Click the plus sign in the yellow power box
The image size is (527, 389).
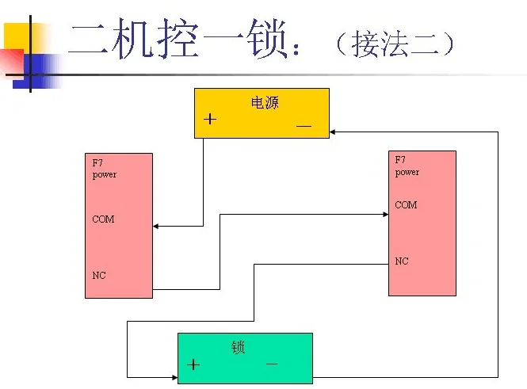(x=209, y=120)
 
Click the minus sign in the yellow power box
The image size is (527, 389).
(x=304, y=125)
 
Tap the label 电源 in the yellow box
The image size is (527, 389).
(x=265, y=103)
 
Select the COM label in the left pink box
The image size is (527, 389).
(x=103, y=219)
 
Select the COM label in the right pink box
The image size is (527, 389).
(x=406, y=205)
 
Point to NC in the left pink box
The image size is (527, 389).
(x=99, y=276)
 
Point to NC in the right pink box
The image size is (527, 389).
(x=402, y=261)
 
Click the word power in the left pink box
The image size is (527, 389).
(x=105, y=174)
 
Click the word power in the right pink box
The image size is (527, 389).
(x=407, y=172)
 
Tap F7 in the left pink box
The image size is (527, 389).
(x=97, y=163)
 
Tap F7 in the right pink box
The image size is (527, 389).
(x=400, y=160)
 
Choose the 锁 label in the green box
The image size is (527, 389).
(x=239, y=347)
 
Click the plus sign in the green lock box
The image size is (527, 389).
(x=193, y=365)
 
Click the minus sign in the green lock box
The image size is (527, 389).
(x=272, y=363)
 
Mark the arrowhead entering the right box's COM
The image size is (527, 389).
(x=384, y=214)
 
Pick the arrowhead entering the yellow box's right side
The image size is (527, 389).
(x=334, y=132)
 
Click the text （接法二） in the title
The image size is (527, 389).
(x=393, y=44)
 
